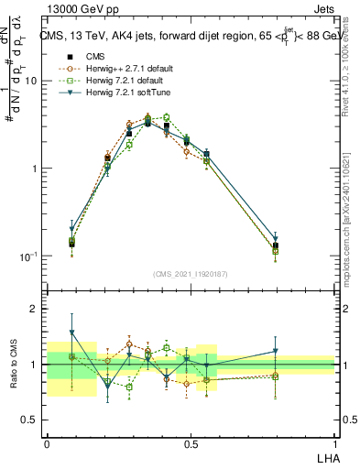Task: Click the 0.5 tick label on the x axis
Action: click(x=191, y=442)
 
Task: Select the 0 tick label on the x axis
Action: click(x=47, y=442)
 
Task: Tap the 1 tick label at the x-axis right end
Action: click(x=334, y=442)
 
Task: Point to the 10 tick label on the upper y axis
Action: click(x=30, y=81)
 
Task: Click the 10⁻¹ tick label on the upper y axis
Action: click(x=28, y=256)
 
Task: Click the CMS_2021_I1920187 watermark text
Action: click(x=191, y=274)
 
